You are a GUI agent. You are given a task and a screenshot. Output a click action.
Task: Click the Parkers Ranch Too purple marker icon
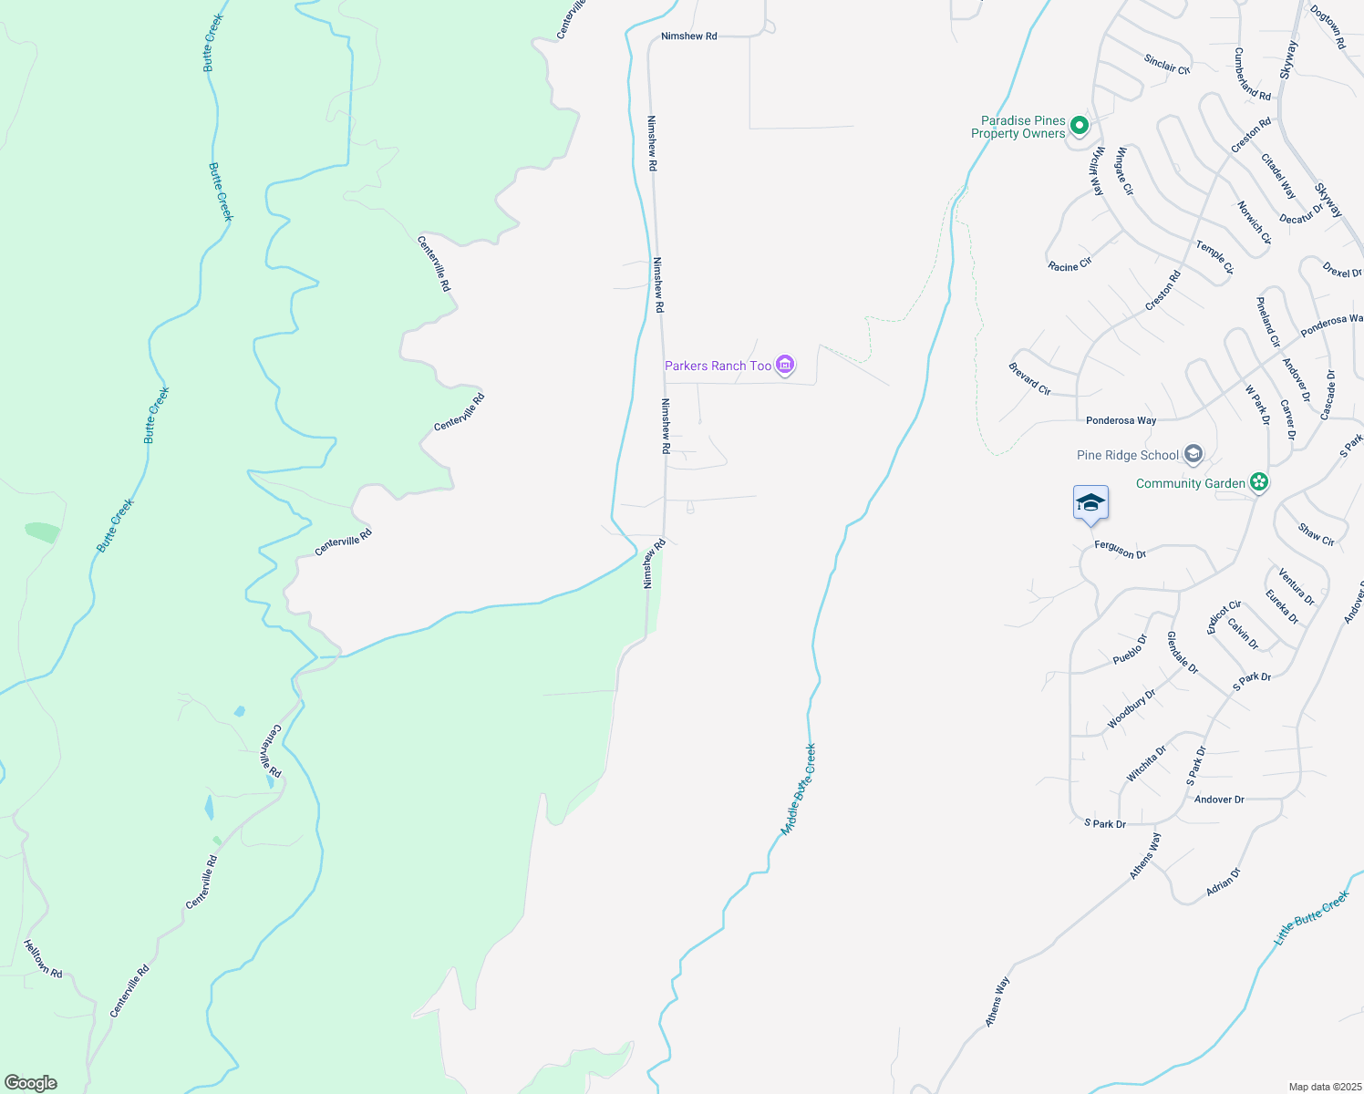785,366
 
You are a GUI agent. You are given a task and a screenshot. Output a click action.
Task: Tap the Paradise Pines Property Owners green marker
1080,126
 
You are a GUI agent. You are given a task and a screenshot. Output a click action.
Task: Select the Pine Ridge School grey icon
1193,454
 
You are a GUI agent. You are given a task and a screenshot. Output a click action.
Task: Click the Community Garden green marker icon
1258,482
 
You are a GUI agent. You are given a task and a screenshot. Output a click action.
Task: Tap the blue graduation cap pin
1090,503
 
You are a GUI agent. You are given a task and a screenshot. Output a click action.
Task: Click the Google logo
31,1083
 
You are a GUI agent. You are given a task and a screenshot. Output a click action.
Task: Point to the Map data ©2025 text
1324,1087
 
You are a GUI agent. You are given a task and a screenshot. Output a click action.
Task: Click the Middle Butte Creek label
799,790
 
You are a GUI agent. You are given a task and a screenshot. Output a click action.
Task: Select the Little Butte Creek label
1310,918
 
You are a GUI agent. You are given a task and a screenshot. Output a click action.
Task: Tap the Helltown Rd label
43,959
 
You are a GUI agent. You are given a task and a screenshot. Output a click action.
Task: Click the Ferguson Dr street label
1120,551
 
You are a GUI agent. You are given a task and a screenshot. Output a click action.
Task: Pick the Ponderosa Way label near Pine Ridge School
1121,420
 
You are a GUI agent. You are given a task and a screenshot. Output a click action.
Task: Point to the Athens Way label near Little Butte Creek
997,1003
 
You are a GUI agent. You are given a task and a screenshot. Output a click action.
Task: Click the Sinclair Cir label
1167,64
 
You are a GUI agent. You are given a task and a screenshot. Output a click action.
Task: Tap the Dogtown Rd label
1328,27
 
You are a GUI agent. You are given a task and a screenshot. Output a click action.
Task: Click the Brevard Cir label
1029,378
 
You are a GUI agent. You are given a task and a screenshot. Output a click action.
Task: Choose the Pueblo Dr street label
1130,649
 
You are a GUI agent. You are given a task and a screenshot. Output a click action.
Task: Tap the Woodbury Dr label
1131,708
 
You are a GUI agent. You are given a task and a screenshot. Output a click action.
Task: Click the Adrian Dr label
1224,882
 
